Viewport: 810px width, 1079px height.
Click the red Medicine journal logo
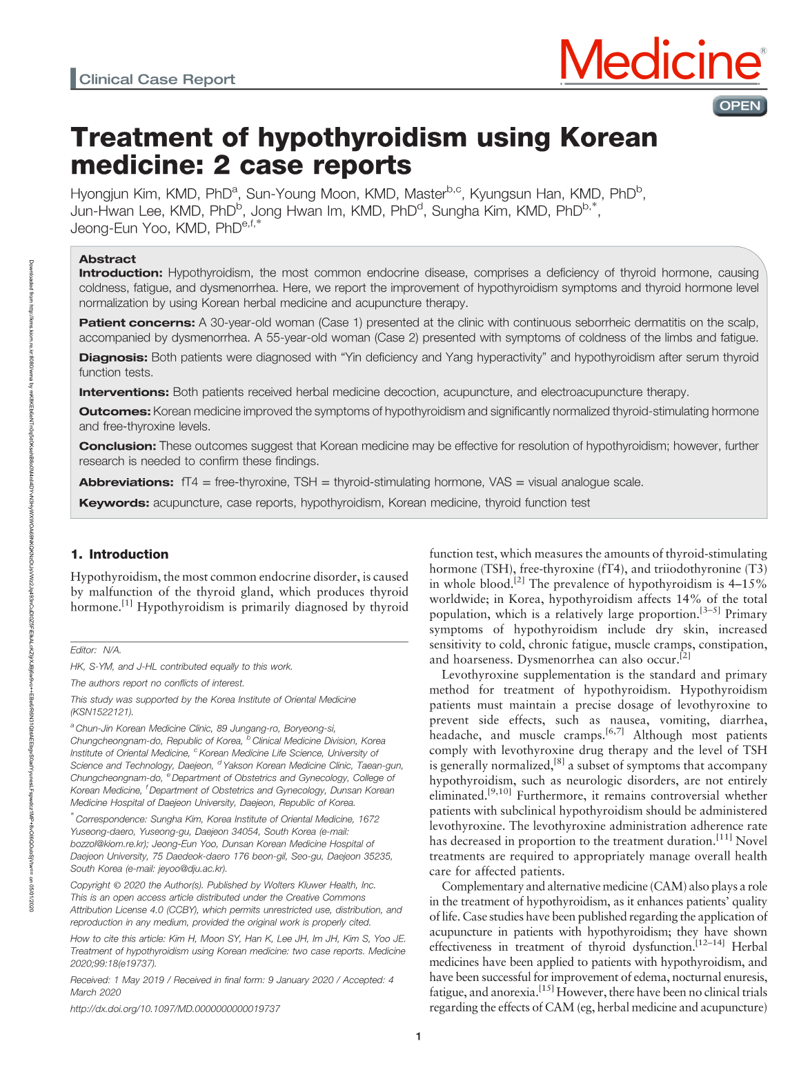point(661,61)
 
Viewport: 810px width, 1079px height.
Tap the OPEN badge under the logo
point(740,106)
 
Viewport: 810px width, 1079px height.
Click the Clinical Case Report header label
point(157,79)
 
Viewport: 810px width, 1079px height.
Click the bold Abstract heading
point(107,259)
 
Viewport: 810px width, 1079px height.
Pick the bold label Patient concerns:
point(137,323)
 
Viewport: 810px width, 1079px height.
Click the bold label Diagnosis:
point(113,357)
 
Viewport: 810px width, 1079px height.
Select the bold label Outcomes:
point(115,411)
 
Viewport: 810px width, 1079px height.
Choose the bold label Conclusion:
point(117,446)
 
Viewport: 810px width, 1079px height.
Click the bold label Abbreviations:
point(126,482)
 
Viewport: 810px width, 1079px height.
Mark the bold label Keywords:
point(114,503)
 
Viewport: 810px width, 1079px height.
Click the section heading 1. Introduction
point(119,554)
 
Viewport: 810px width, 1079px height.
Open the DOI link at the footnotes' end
point(175,1009)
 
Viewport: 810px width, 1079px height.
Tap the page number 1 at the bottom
point(418,1036)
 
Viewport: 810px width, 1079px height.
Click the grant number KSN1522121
point(102,712)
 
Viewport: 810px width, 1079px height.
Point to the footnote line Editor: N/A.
point(95,650)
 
